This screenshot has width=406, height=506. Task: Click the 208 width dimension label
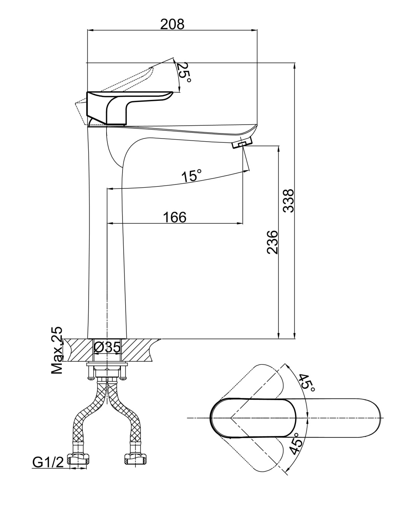pyautogui.click(x=172, y=24)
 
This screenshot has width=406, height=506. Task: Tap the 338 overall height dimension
pyautogui.click(x=288, y=201)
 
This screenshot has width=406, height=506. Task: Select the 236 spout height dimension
pyautogui.click(x=273, y=242)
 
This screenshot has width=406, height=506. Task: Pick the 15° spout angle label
pyautogui.click(x=192, y=176)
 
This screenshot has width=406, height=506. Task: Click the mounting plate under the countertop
pyautogui.click(x=107, y=365)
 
